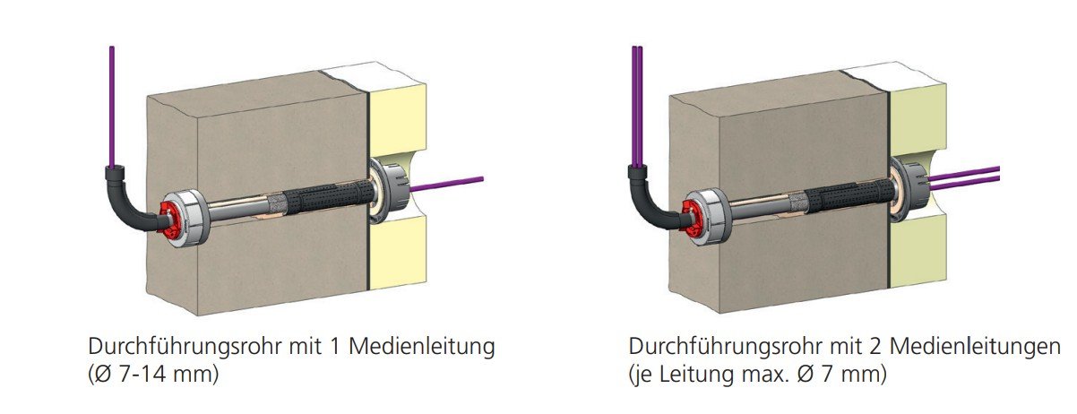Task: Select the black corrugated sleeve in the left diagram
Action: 326,194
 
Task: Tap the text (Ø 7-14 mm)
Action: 153,374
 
